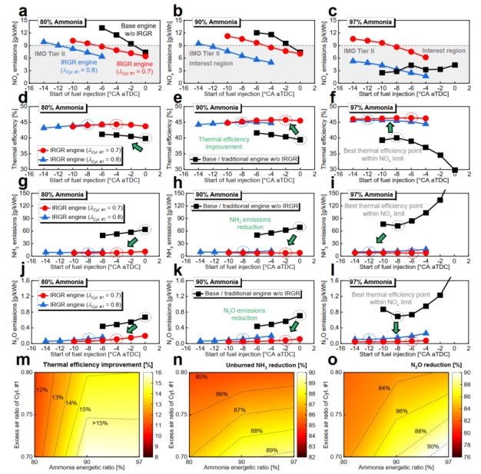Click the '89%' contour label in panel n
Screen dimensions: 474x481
pyautogui.click(x=272, y=449)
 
